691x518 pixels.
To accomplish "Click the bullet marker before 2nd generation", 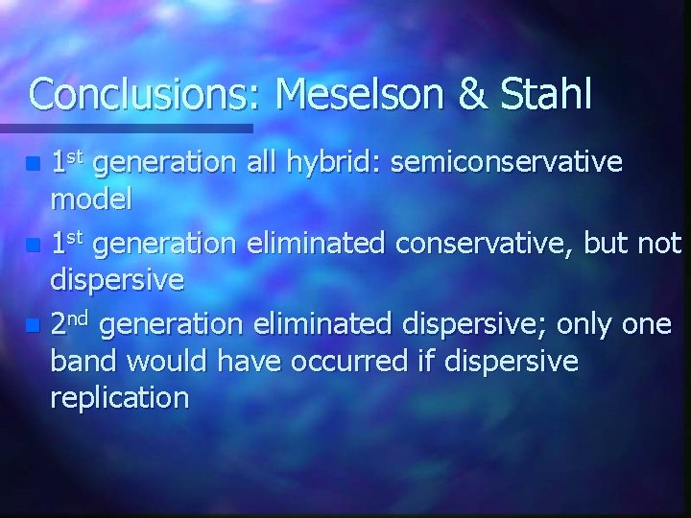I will (35, 327).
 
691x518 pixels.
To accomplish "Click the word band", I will (84, 361).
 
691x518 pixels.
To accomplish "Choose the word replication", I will (119, 397).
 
